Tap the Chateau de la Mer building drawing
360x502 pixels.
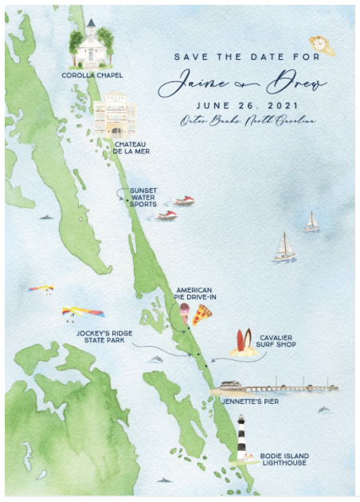pos(114,116)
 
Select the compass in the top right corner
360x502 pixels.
pos(322,44)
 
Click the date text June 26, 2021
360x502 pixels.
pos(236,105)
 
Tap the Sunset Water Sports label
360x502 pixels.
pos(143,198)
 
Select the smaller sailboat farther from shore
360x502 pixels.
pos(311,222)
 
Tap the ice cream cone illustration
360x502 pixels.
pos(185,314)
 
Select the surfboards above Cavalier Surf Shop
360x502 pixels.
pos(241,343)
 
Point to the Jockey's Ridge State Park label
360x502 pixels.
pos(104,338)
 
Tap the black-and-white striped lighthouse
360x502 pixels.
pos(241,438)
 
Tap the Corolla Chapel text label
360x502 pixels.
pos(90,76)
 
